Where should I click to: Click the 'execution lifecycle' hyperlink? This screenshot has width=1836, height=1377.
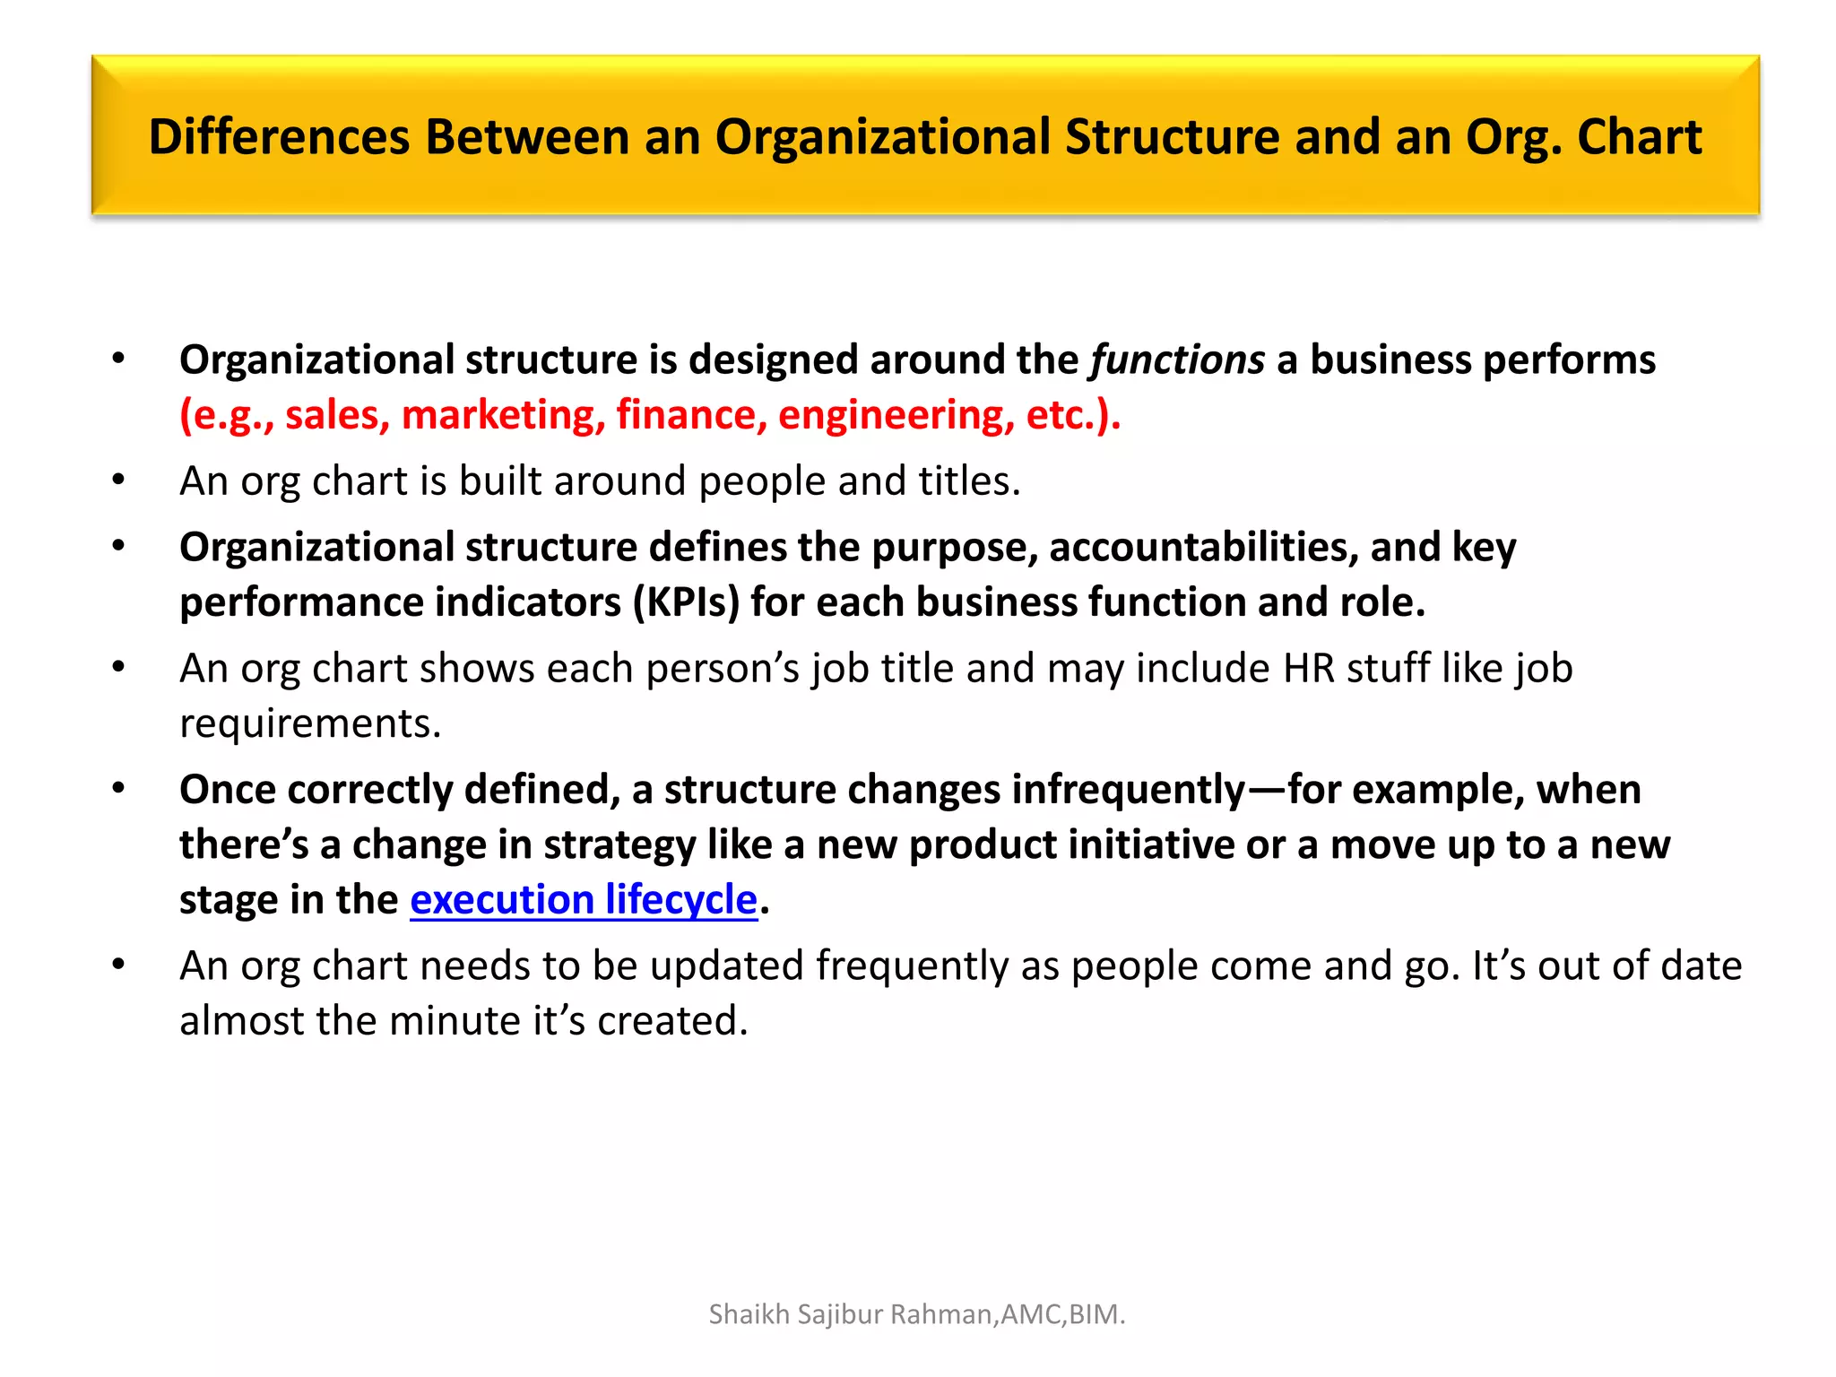point(584,899)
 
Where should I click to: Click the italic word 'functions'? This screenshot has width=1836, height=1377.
point(1177,359)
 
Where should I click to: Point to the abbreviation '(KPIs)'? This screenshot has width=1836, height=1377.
point(686,602)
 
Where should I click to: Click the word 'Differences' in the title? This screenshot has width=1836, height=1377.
point(279,137)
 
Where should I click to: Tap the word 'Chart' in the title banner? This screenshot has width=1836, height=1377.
point(1639,137)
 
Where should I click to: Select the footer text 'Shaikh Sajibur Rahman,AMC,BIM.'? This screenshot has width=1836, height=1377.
point(916,1314)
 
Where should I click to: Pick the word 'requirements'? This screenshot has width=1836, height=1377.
point(309,723)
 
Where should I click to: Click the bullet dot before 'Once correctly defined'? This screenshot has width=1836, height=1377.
point(118,788)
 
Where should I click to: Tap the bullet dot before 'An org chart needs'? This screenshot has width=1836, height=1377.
point(118,965)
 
